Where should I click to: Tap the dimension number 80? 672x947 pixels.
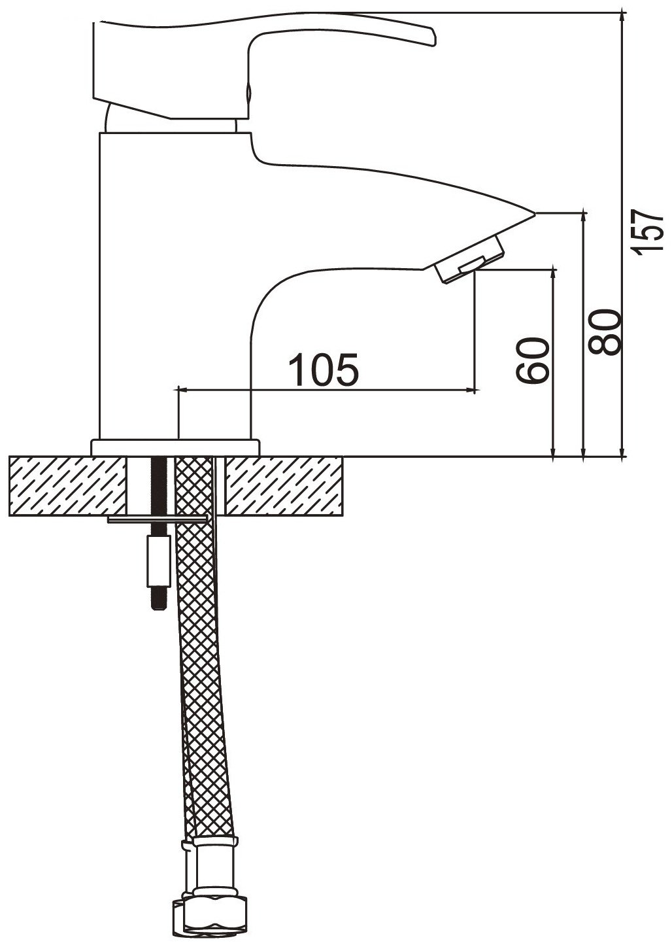(605, 332)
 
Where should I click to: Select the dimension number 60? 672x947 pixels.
(532, 360)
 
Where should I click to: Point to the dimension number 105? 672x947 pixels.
(324, 370)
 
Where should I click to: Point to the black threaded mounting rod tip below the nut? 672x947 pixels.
(158, 598)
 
